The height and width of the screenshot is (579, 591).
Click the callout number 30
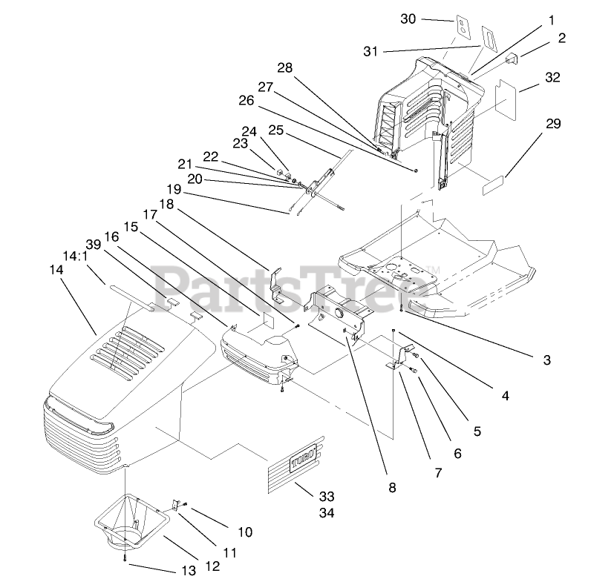coord(408,19)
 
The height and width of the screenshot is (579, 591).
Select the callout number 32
coord(552,77)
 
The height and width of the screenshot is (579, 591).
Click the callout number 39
coord(93,245)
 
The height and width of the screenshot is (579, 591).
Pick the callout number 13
coord(189,569)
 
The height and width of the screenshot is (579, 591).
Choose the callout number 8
coord(392,487)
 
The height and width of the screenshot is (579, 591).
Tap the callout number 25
coord(276,130)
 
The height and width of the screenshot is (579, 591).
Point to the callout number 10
coord(246,532)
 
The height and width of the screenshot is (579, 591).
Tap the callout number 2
coord(562,37)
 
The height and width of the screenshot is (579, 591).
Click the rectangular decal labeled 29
coord(493,185)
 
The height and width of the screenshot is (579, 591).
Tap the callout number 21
coord(185,164)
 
